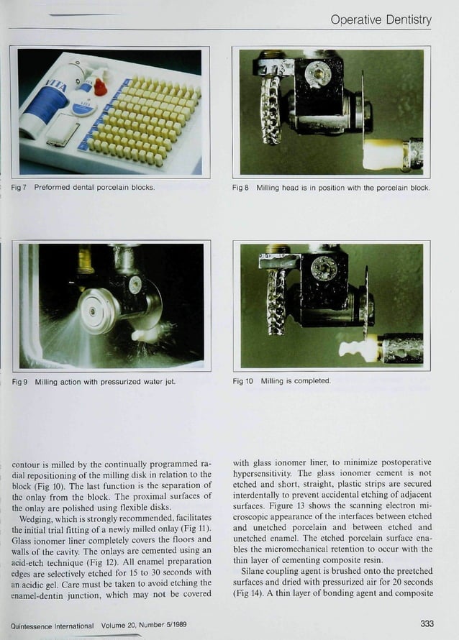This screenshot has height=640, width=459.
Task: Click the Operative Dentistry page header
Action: coord(381,19)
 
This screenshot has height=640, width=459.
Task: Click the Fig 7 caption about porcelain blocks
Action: coord(84,188)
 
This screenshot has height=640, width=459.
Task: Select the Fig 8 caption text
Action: coord(331,188)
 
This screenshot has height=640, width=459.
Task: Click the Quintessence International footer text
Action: coord(99,623)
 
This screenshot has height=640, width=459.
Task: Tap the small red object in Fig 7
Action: coord(100,87)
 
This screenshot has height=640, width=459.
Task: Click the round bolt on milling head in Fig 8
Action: coord(317,73)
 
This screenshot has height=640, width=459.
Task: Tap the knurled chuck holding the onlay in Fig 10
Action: coord(401,348)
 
